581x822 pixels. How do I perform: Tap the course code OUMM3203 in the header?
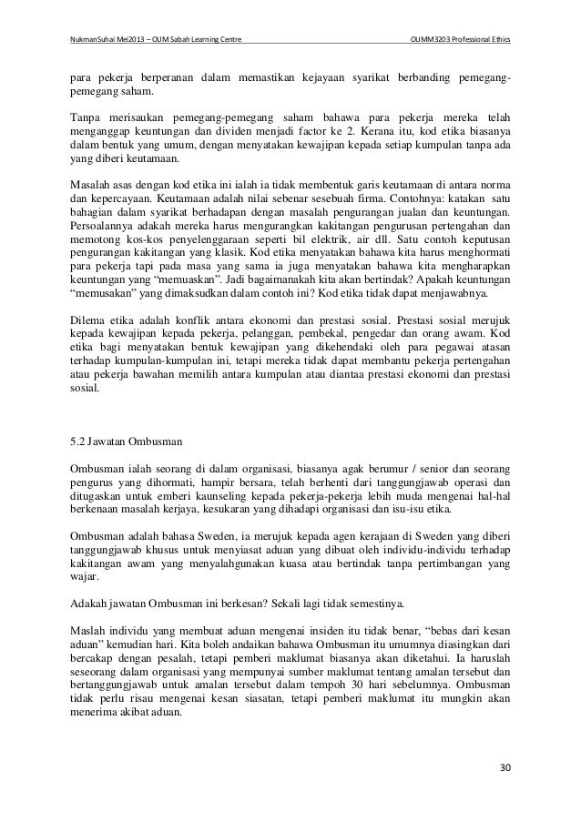coord(433,38)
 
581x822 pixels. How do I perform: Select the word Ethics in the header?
coord(500,38)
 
